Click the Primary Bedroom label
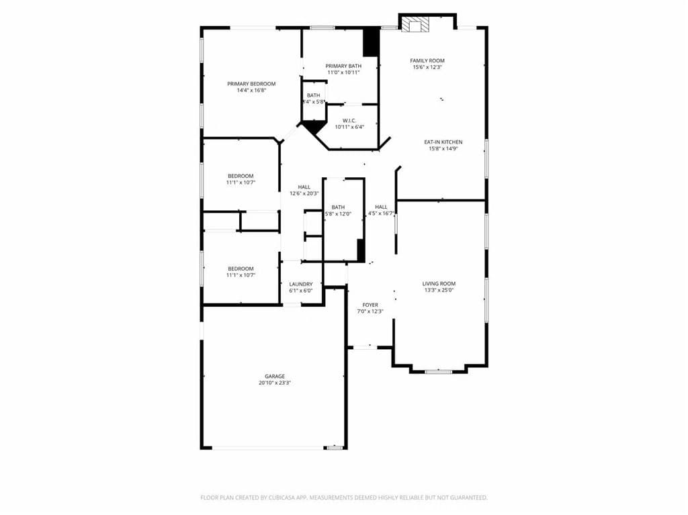click(251, 84)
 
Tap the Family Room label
click(427, 60)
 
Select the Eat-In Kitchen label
click(443, 142)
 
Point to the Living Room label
click(439, 284)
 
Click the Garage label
click(274, 376)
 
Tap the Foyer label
click(370, 305)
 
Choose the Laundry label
click(301, 285)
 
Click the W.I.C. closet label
click(349, 121)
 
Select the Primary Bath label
click(343, 66)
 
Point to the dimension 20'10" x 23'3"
click(274, 383)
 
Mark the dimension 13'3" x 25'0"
click(439, 291)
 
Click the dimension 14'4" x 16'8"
click(251, 91)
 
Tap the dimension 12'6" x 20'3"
click(304, 193)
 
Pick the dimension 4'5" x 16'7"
click(381, 214)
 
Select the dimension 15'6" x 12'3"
click(428, 67)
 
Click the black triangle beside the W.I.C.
click(312, 126)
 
